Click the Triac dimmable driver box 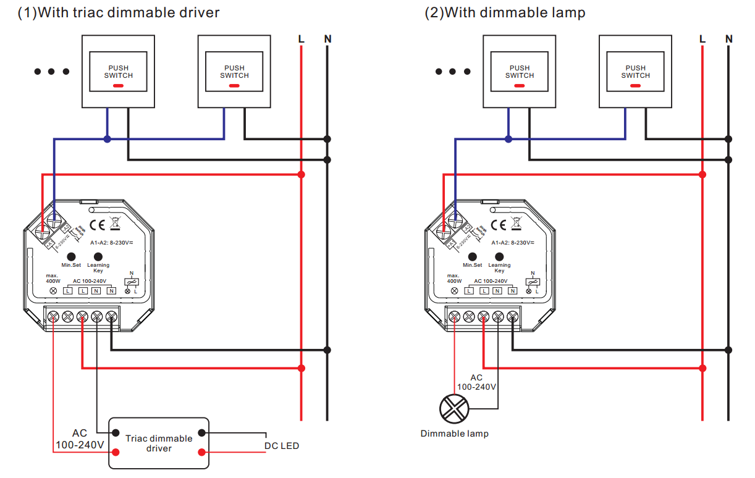(159, 443)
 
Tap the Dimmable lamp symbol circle (454, 408)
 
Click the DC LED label (282, 445)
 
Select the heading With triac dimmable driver (118, 12)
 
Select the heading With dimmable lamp (505, 12)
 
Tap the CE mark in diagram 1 (98, 224)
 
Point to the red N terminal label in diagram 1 (111, 290)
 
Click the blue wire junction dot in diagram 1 (108, 140)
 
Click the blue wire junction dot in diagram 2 (508, 140)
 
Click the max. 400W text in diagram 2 (454, 278)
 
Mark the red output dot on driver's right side (201, 453)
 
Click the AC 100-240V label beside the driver (80, 438)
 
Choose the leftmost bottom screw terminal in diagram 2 (454, 317)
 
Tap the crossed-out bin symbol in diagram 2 (516, 224)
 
